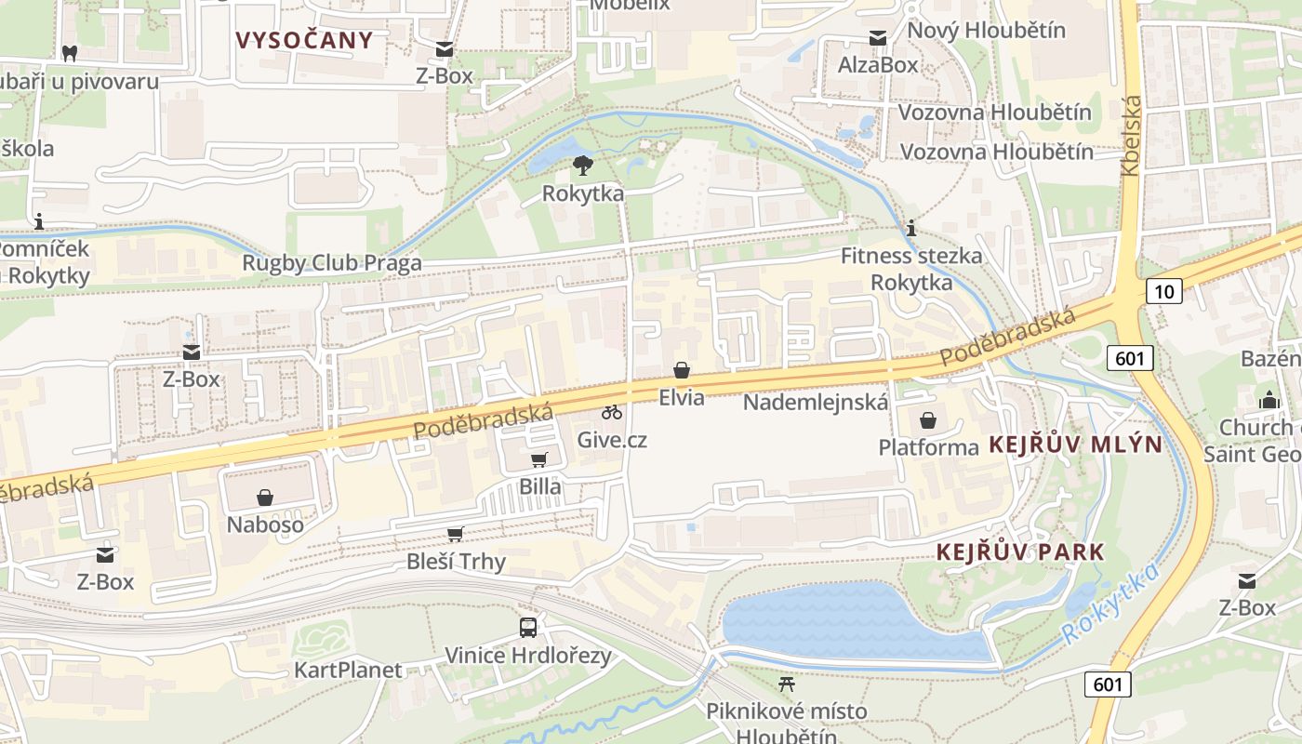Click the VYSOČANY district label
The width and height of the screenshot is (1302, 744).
(x=304, y=40)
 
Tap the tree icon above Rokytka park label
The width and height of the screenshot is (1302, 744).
(x=583, y=166)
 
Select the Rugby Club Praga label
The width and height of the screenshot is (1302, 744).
(x=332, y=262)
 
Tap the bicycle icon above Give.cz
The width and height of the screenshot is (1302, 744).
(x=612, y=412)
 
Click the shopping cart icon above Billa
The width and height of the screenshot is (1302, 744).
(x=539, y=459)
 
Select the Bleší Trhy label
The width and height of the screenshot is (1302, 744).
(x=457, y=562)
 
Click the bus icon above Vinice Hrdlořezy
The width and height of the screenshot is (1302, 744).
(x=528, y=627)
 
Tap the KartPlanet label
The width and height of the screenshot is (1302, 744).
(x=349, y=670)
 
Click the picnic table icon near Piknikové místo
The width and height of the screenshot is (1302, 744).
(x=787, y=684)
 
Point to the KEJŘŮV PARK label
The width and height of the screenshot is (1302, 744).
(x=1020, y=551)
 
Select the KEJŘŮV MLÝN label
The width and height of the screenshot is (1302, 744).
(x=1076, y=444)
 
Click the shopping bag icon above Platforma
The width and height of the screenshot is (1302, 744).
(x=928, y=420)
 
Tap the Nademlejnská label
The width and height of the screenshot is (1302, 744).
(x=817, y=403)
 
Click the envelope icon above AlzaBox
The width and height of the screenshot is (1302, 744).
(x=878, y=37)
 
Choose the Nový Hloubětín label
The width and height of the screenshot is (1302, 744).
(x=987, y=30)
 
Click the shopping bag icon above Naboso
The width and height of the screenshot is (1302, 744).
(x=265, y=498)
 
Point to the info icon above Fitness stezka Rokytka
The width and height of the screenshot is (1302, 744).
(x=911, y=228)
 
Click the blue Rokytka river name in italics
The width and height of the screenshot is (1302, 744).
(x=1111, y=604)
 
